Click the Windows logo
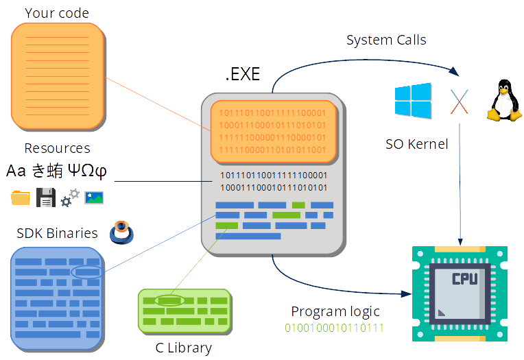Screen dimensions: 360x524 [x=413, y=100]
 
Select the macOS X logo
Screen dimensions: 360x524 [x=459, y=101]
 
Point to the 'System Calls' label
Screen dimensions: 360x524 [x=386, y=40]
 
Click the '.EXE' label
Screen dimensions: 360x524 [x=243, y=75]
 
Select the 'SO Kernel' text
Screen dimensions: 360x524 [x=416, y=144]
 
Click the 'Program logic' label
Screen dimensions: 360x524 [x=335, y=311]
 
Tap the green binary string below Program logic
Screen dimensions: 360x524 [x=335, y=328]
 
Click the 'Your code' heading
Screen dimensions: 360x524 [x=57, y=13]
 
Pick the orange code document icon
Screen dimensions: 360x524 [x=58, y=77]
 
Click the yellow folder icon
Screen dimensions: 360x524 [x=21, y=198]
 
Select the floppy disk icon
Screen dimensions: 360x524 [x=45, y=197]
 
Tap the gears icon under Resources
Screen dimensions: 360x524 [x=70, y=198]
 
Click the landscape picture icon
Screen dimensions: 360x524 [x=94, y=197]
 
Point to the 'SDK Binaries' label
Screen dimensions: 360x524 [x=57, y=233]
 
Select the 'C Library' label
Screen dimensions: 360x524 [x=183, y=348]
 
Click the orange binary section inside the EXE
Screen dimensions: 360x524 [x=272, y=130]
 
